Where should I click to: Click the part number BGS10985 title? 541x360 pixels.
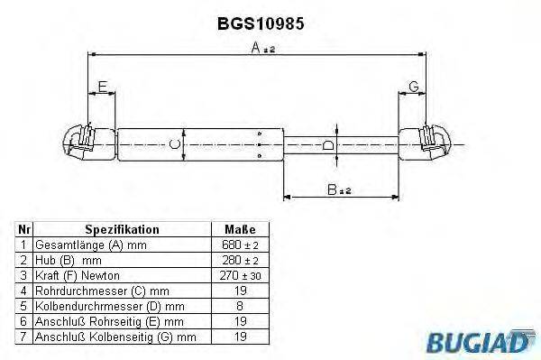tap(261, 25)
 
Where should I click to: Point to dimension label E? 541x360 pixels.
tap(102, 88)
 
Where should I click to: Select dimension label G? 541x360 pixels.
tap(413, 87)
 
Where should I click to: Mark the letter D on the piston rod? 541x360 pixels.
tap(329, 145)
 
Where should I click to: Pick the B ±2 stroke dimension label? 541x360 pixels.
tap(339, 189)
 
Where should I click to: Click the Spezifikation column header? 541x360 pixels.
tap(122, 230)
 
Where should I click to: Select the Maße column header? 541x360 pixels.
tap(239, 230)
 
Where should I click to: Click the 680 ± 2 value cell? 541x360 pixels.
tap(239, 245)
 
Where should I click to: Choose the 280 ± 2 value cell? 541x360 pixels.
tap(239, 259)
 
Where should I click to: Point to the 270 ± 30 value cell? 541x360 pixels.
tap(239, 274)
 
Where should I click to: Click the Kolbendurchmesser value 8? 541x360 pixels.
tap(239, 306)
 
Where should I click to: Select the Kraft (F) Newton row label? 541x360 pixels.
tap(77, 274)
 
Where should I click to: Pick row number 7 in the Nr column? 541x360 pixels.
tap(23, 337)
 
